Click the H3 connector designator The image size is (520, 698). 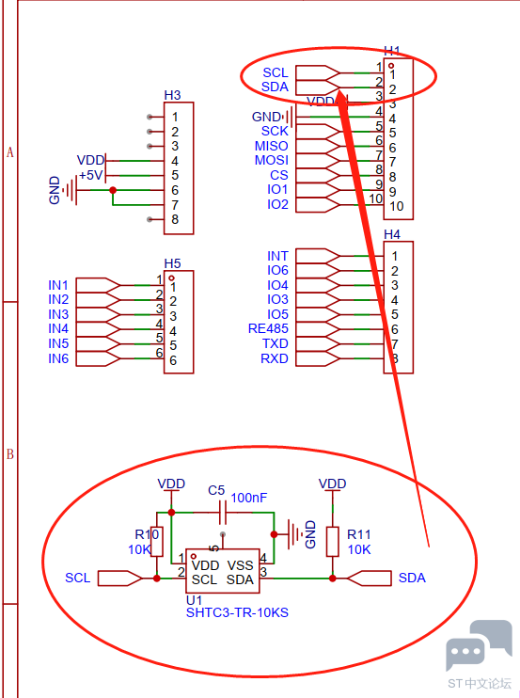click(x=172, y=95)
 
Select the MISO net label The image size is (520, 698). click(x=271, y=146)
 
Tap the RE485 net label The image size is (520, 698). click(x=268, y=328)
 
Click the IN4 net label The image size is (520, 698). click(x=58, y=328)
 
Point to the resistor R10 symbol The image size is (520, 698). click(x=157, y=541)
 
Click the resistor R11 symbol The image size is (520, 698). click(x=333, y=541)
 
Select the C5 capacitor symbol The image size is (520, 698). click(x=223, y=513)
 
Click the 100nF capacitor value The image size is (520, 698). click(x=248, y=498)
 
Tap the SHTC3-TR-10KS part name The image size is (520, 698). click(x=237, y=613)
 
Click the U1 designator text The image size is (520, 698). click(x=194, y=600)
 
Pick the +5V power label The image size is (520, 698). click(x=91, y=175)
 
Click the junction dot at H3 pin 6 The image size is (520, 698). click(x=113, y=191)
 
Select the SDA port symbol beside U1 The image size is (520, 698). click(x=370, y=579)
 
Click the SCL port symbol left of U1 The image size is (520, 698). click(x=120, y=579)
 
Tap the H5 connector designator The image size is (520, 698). click(x=172, y=263)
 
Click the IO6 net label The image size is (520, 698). click(x=277, y=270)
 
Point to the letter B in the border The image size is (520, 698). click(x=9, y=454)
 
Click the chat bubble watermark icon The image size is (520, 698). click(x=479, y=645)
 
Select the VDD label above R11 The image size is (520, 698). click(x=332, y=484)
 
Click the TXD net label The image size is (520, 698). click(x=275, y=343)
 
